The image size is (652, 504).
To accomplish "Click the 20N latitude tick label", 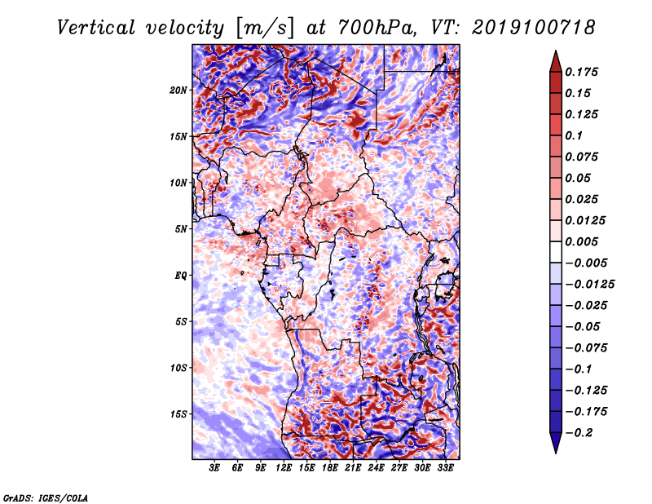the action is point(178,91).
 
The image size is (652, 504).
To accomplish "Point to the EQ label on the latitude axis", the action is point(180,276).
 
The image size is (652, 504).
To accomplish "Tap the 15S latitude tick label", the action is point(178,414).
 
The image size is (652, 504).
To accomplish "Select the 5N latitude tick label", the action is point(181,229).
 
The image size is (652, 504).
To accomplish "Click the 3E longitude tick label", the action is point(214,468).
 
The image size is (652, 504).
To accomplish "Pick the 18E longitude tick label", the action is point(330,468).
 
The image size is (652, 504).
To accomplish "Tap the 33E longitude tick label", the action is point(445,468).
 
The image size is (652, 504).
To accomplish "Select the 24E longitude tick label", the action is point(376,468).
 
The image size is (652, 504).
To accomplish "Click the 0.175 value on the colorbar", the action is point(582,72).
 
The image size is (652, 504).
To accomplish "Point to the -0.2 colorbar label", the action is point(579,433).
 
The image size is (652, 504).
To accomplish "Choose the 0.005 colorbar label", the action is point(582,241).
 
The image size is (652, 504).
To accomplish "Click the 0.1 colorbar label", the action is point(574,135).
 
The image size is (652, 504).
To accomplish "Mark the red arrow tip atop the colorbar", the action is point(556,51).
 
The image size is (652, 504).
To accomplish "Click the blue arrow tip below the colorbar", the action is point(556,453).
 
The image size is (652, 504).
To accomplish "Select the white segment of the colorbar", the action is point(556,252).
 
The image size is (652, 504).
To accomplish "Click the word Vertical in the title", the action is point(96,28).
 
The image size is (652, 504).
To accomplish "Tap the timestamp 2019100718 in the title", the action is point(534,28).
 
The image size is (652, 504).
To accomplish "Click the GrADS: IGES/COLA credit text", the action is point(46,497).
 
